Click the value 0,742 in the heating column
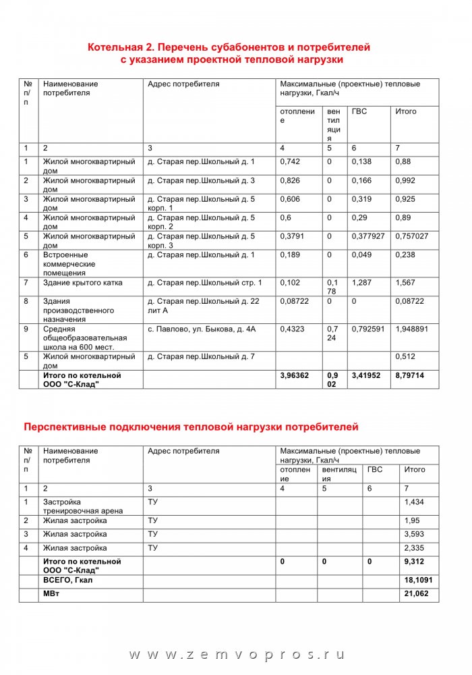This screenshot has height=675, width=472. coord(290,162)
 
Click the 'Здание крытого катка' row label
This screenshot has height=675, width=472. coord(82,283)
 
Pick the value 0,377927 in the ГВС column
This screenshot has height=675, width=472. coord(369,237)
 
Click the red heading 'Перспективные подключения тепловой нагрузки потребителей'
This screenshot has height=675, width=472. coord(191,427)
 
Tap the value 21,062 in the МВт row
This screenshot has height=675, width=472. coord(417,593)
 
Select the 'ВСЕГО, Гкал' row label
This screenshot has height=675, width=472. coord(68,580)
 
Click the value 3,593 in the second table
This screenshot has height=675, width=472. coord(415,535)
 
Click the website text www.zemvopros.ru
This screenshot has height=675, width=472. coord(236,655)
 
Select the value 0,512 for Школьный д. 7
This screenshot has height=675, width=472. coord(406,356)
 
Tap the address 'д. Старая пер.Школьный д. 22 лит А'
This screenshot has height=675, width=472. coord(202,306)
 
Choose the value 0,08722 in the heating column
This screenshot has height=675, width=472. coord(295,301)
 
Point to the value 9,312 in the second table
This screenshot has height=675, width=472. coord(415,562)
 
